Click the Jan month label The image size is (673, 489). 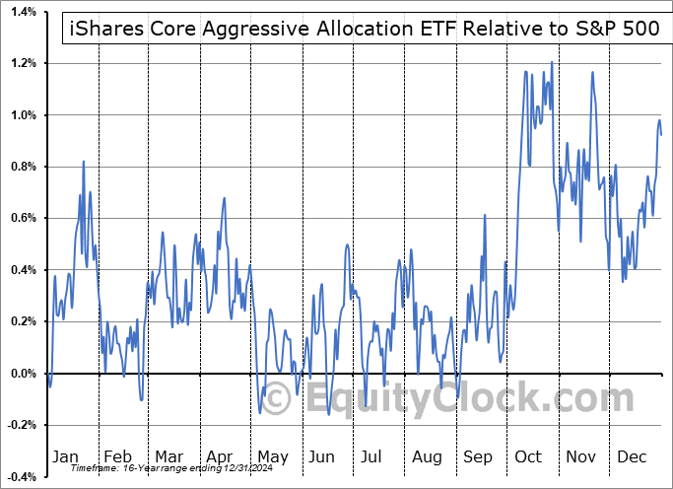pos(65,456)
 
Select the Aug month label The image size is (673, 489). pos(427,456)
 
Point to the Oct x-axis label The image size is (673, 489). pos(528,456)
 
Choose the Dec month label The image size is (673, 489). pos(632,456)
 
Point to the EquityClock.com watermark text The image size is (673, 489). pos(454,399)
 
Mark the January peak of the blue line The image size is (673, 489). pos(83,161)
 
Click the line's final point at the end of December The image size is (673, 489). pos(661,134)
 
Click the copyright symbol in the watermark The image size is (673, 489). pos(279,399)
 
